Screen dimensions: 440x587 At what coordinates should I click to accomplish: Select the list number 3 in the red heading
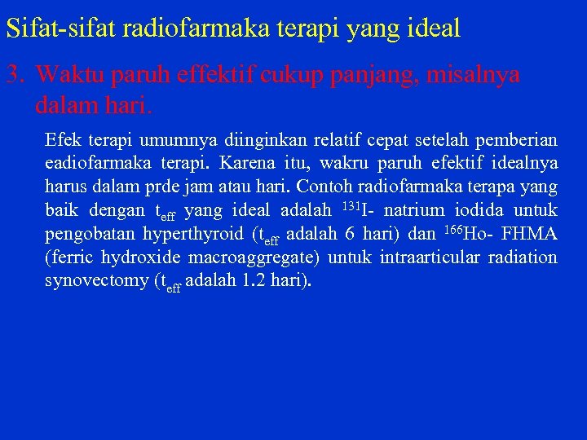(13, 75)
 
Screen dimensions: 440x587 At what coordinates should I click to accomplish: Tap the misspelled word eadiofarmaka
(95, 163)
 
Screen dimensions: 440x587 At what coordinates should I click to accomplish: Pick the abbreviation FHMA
(530, 234)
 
